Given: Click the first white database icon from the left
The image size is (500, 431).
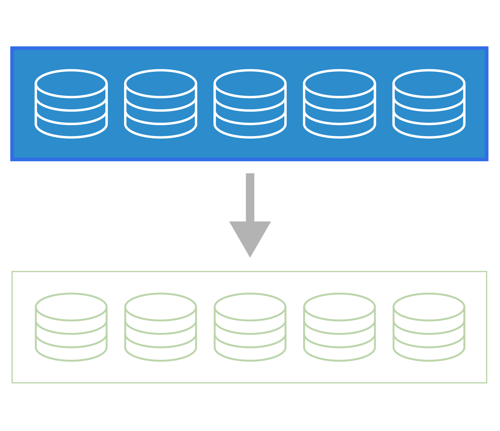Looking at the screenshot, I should (x=71, y=104).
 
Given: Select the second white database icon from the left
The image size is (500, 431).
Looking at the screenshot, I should (x=161, y=104).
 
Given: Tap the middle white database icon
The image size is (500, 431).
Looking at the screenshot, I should (x=250, y=104).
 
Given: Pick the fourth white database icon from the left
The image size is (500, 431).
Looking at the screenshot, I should (x=339, y=104).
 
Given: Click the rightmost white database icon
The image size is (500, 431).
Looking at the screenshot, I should (x=429, y=104).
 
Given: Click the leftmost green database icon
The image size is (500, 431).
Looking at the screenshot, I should (x=71, y=327).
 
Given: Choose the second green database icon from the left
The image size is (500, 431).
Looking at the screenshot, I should (x=161, y=327).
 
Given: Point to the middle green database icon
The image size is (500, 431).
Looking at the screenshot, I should (x=250, y=327).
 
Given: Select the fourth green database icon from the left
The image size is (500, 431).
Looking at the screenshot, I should (x=339, y=327).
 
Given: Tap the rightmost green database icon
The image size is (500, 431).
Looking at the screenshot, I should (x=429, y=327).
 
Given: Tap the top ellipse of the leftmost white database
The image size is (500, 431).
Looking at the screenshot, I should (x=71, y=84).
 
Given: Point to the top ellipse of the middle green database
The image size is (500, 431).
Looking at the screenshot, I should (x=250, y=307).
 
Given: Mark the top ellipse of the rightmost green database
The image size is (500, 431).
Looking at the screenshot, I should (x=429, y=307).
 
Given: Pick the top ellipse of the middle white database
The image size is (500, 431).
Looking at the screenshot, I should (x=250, y=84).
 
